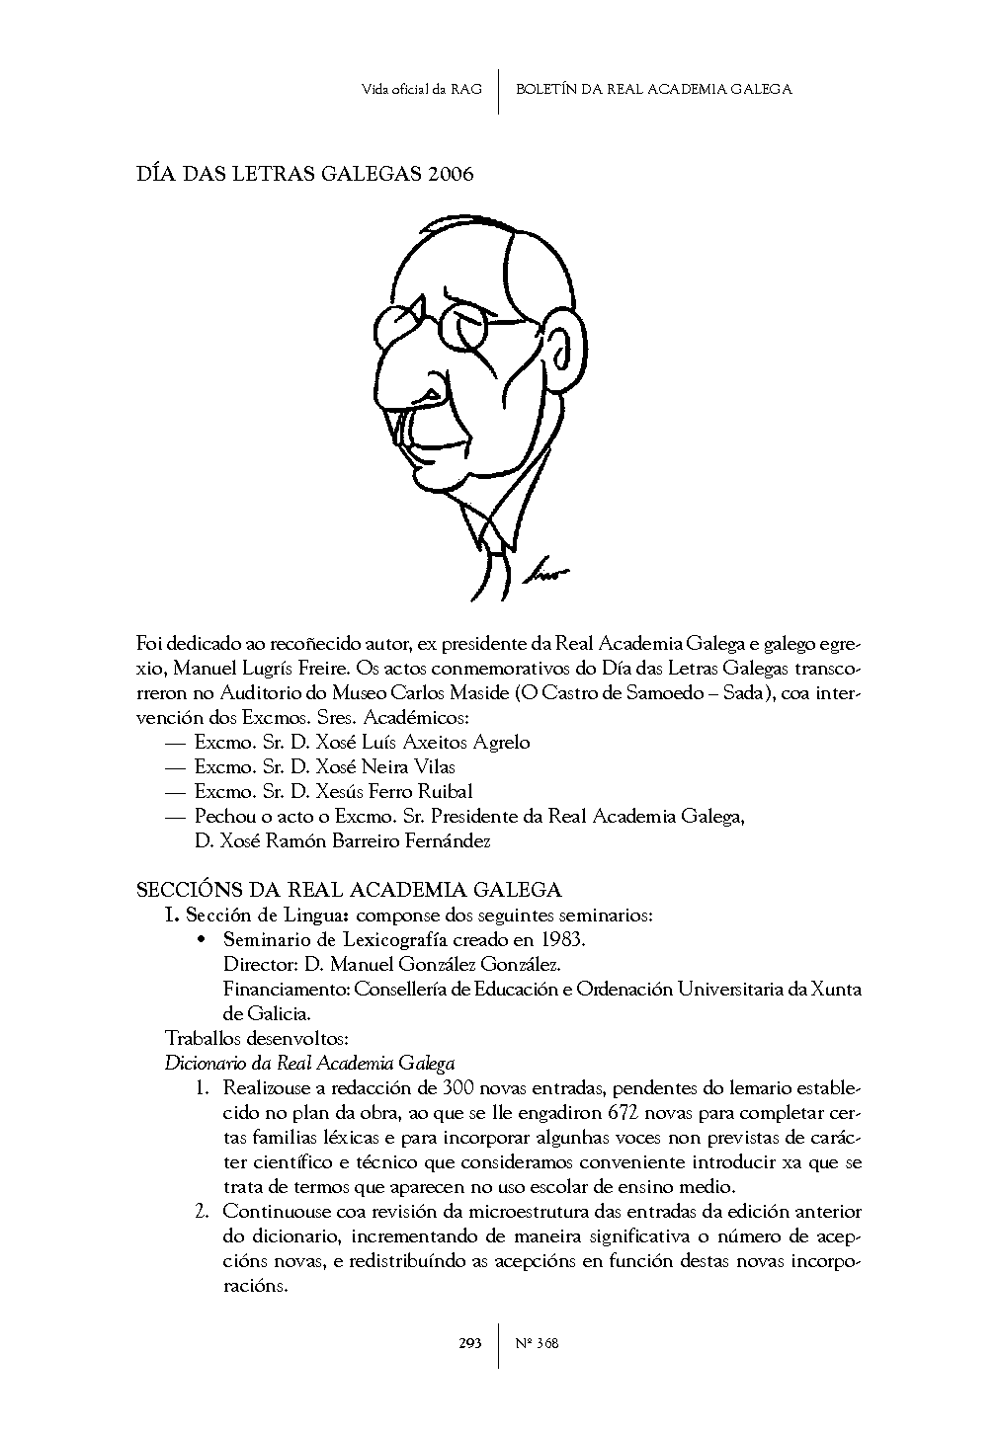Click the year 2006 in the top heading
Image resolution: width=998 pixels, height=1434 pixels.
click(451, 175)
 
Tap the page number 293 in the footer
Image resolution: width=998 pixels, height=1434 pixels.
click(469, 1342)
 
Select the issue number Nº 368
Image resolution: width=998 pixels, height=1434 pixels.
click(538, 1342)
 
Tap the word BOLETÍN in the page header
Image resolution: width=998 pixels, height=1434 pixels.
click(548, 89)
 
